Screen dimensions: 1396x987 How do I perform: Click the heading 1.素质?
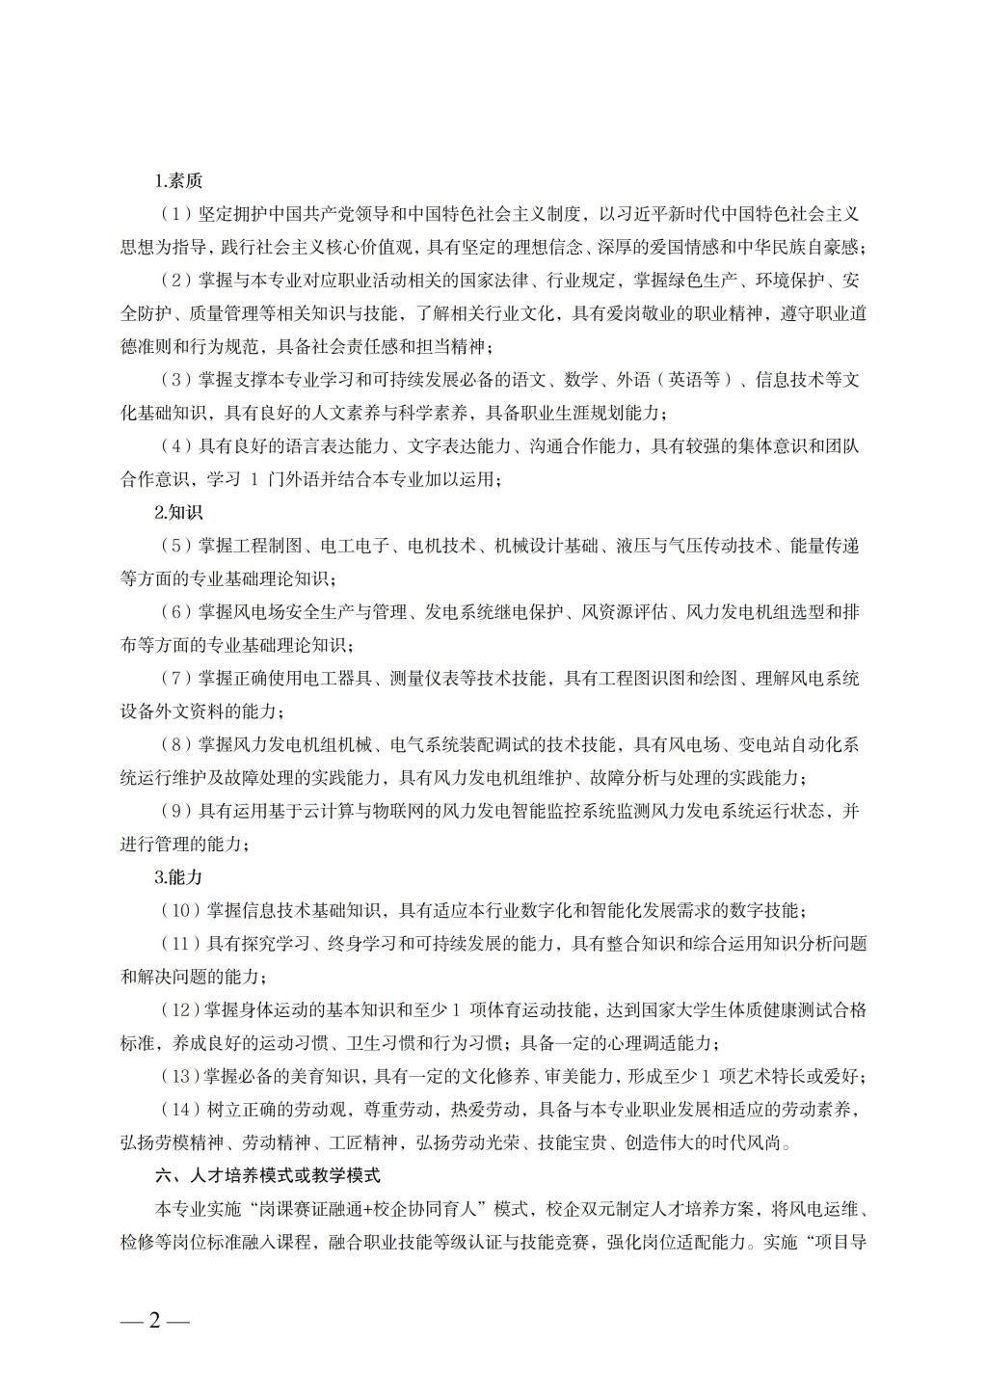tap(178, 180)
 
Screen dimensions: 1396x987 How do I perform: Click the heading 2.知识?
tap(178, 513)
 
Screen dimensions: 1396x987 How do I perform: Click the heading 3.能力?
tap(178, 877)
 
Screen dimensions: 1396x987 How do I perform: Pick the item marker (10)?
tap(179, 910)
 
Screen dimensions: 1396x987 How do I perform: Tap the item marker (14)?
tap(179, 1110)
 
